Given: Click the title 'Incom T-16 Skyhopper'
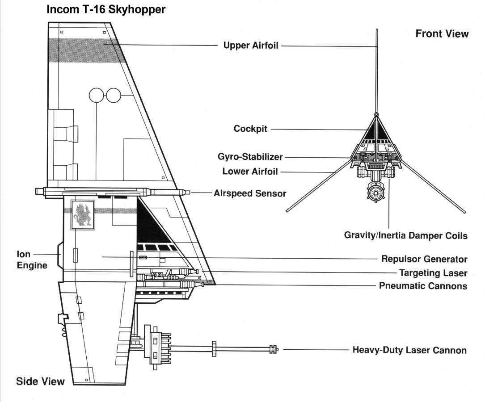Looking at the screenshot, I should [106, 9].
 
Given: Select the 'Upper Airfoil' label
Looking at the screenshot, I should [251, 46].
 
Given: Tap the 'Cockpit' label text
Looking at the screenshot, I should [250, 129].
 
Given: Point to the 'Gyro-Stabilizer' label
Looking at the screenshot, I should [250, 157].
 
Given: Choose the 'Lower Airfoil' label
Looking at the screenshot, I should [250, 172].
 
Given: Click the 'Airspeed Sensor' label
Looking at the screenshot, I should [250, 193].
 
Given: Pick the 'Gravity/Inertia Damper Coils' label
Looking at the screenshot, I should [405, 235].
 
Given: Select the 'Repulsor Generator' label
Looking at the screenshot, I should [424, 259].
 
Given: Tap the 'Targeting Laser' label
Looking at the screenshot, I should [433, 273].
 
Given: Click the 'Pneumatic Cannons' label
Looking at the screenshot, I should [423, 286].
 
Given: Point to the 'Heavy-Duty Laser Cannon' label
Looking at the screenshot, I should [409, 350].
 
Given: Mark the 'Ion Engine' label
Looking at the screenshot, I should [32, 260].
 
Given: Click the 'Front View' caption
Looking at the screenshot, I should [442, 34].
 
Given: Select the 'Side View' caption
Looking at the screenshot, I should [40, 381].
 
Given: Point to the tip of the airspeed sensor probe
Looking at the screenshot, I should [188, 193].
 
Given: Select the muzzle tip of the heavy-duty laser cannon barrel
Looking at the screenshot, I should [276, 350].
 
